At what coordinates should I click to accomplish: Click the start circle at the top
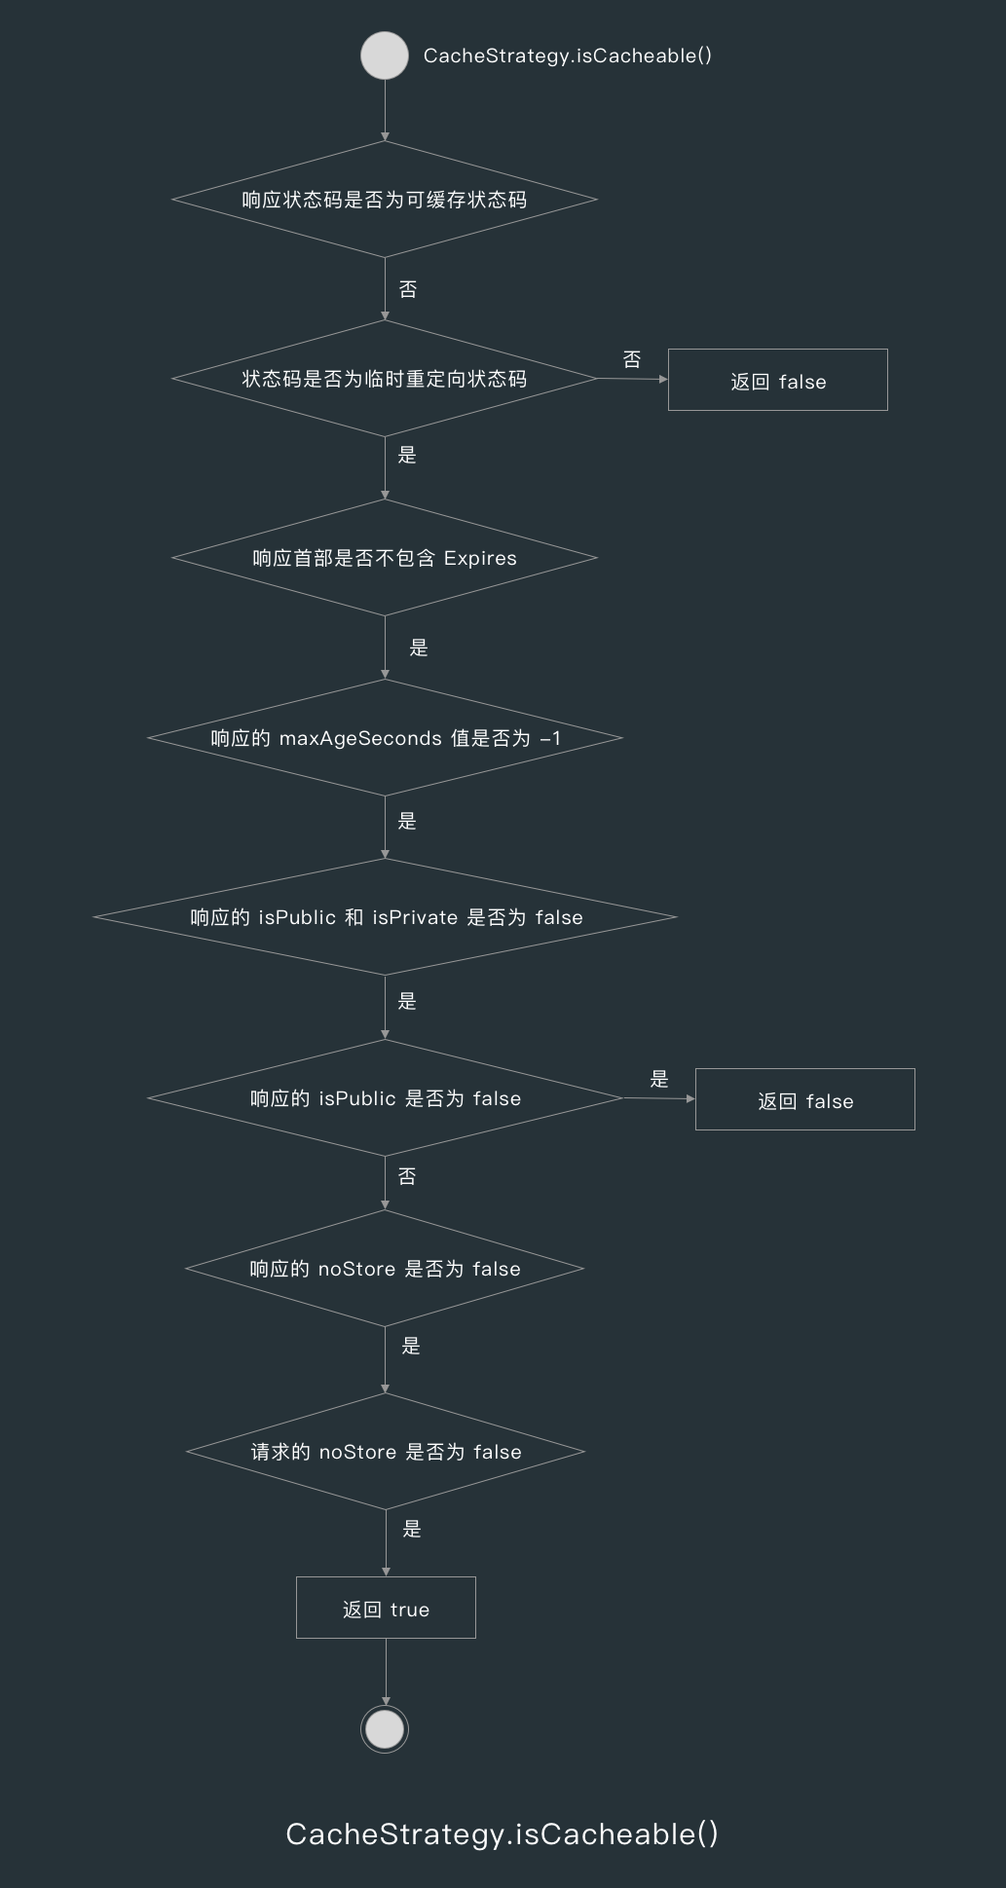point(385,56)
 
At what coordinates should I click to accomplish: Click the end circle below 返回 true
point(385,1729)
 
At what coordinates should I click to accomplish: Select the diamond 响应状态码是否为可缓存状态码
point(385,200)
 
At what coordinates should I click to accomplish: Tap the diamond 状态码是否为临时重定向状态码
point(385,379)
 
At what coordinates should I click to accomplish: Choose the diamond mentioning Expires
point(385,558)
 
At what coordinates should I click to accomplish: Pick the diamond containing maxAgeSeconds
point(385,738)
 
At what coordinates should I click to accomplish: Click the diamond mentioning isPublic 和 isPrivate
point(385,917)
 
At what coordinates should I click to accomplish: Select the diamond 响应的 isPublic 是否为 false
point(385,1098)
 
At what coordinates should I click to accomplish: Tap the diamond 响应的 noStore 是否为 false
point(385,1269)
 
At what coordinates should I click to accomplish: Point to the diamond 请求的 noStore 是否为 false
point(386,1452)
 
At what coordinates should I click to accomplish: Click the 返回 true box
point(386,1609)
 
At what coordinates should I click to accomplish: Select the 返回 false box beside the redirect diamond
point(777,381)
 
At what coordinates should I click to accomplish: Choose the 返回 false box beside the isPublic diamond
point(804,1100)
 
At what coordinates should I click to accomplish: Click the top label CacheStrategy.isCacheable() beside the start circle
point(567,56)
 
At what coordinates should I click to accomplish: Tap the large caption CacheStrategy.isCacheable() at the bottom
point(502,1834)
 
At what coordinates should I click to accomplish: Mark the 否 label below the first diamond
point(408,289)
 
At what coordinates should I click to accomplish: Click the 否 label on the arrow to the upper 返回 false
point(632,359)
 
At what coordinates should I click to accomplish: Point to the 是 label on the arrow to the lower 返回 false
point(659,1079)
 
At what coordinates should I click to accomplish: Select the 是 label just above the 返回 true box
point(412,1529)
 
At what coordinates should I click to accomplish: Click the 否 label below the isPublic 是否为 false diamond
point(407,1177)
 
